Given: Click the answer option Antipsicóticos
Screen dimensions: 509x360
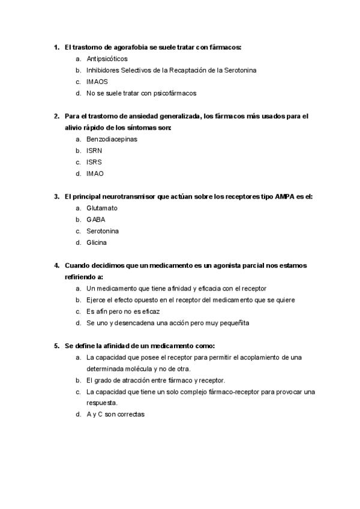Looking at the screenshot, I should pos(107,59).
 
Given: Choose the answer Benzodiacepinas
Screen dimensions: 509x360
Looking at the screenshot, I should pos(112,139).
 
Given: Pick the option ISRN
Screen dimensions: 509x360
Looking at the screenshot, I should pos(95,151).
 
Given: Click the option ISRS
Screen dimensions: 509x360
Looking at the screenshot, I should pos(95,162).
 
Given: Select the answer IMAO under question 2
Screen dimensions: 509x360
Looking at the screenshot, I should pos(95,173).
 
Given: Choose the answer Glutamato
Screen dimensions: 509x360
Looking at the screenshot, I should pos(102,208).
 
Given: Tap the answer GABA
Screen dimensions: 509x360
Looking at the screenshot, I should pos(96,220).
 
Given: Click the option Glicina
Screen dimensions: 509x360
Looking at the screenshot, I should pos(97,242).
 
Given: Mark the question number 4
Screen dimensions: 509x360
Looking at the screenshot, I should pos(56,265).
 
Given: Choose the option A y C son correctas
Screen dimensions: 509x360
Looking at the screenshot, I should pos(116,415).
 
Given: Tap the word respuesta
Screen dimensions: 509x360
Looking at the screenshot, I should pos(102,403).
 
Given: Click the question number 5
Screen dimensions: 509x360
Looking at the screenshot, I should pos(56,346).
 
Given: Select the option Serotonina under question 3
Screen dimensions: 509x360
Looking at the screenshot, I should pos(103,231).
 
